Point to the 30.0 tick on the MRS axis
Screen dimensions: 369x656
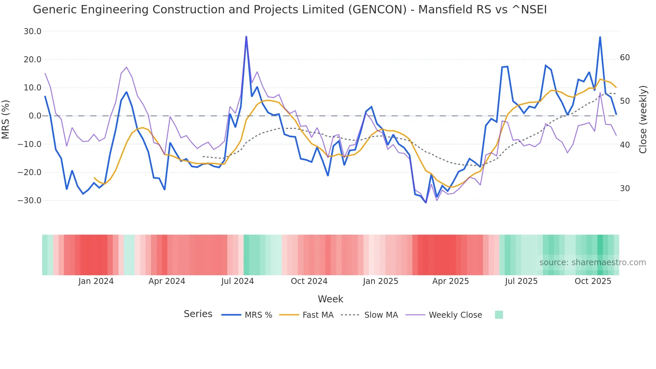(x=32, y=31)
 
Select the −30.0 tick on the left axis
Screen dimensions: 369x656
(x=29, y=201)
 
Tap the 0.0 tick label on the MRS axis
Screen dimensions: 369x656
(x=35, y=116)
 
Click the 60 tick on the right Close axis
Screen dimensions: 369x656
(x=625, y=58)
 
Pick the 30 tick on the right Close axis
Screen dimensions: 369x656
(x=625, y=189)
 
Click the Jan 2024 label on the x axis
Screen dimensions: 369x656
(x=96, y=281)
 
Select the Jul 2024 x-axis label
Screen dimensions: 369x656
(x=237, y=281)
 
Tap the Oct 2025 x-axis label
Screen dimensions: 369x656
(x=593, y=281)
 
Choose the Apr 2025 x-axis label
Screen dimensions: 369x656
(x=450, y=281)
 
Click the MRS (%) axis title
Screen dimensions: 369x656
(x=6, y=119)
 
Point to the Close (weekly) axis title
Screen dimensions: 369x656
(x=643, y=120)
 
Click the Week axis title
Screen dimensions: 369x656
(x=330, y=299)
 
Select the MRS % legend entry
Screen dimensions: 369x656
(x=258, y=315)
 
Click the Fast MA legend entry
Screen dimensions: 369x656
(x=318, y=315)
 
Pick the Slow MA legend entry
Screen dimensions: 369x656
(x=381, y=315)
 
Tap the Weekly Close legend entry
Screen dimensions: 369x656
(x=455, y=315)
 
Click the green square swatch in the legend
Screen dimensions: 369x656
(x=499, y=315)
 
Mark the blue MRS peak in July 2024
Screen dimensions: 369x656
(x=246, y=36)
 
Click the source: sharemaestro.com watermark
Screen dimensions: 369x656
(x=592, y=263)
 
